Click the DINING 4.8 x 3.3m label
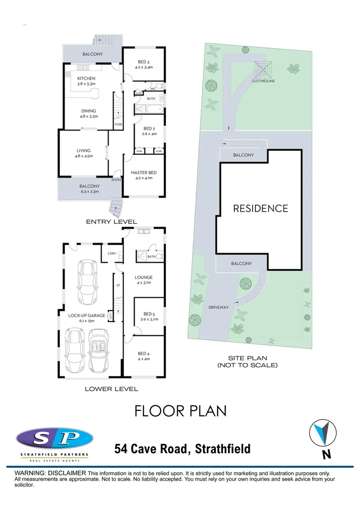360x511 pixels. point(88,114)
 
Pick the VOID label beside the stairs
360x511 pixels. point(118,124)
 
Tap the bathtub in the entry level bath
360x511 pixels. point(148,109)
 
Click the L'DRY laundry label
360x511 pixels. point(112,254)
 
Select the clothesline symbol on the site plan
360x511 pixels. point(263,69)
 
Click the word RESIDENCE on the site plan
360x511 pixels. point(260,208)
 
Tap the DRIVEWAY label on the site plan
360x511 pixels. point(219,307)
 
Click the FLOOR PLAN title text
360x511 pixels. point(180,411)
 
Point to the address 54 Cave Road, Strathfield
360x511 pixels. point(183,449)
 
